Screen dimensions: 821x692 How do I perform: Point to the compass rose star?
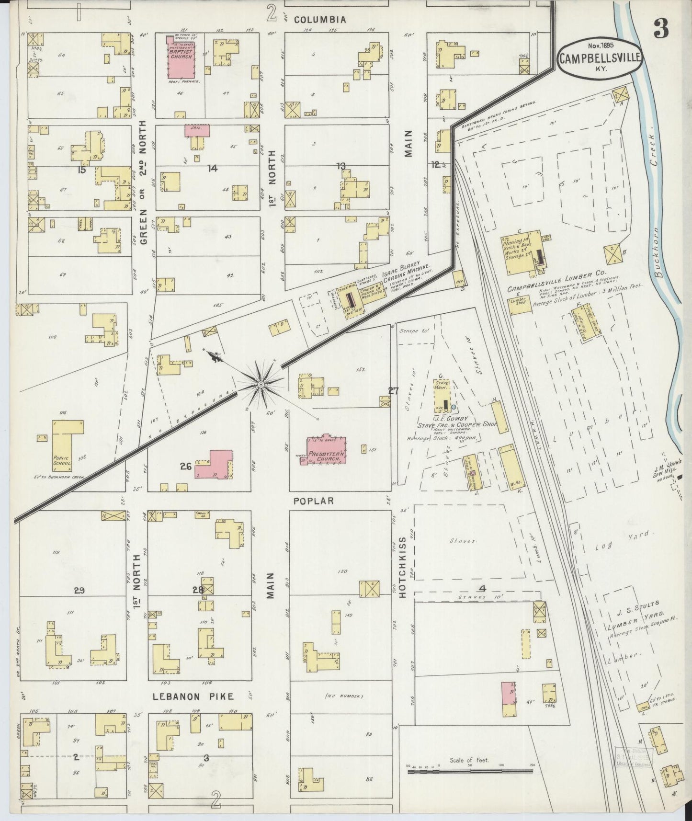tap(261, 385)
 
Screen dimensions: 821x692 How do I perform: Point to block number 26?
tap(186, 466)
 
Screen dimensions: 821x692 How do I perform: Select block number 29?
tap(79, 591)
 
